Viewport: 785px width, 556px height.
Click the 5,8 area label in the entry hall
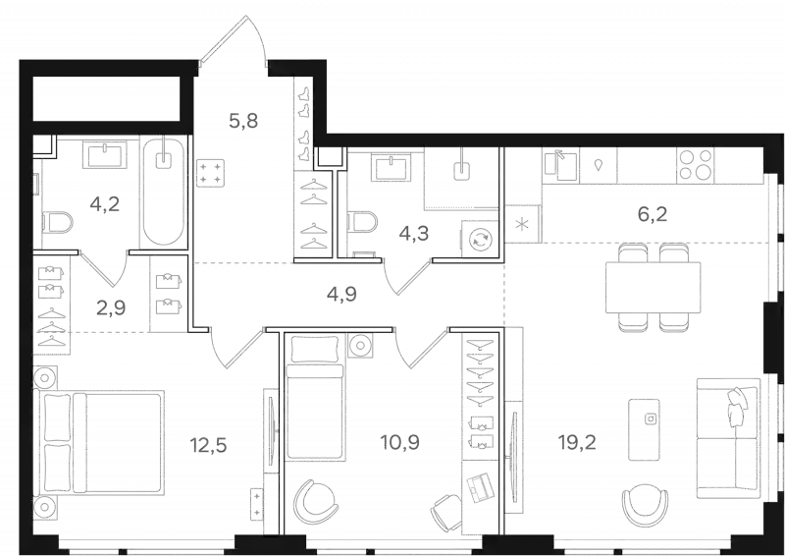[x=243, y=120]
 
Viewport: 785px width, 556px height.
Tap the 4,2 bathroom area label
[x=105, y=204]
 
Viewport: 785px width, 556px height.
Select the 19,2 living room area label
[x=577, y=442]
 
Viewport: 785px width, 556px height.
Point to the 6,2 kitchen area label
[x=653, y=214]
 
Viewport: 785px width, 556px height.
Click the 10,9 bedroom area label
[x=400, y=442]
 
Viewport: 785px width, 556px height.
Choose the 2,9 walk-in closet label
[x=111, y=307]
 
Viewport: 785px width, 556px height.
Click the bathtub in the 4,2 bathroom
[x=164, y=192]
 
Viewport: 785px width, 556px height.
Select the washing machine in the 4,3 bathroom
[x=480, y=240]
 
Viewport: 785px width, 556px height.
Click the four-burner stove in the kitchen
[x=696, y=165]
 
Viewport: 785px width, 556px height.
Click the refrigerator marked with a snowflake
[x=523, y=224]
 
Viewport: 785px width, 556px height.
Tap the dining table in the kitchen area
[x=653, y=287]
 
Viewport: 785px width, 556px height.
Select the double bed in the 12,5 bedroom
[x=99, y=443]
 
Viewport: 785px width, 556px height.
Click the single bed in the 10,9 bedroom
[x=315, y=396]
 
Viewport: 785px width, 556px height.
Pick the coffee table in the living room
[x=644, y=429]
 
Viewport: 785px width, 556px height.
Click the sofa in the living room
[x=729, y=438]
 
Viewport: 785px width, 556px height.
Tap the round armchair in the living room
[x=646, y=504]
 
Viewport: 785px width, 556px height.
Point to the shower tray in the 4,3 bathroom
[x=461, y=178]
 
